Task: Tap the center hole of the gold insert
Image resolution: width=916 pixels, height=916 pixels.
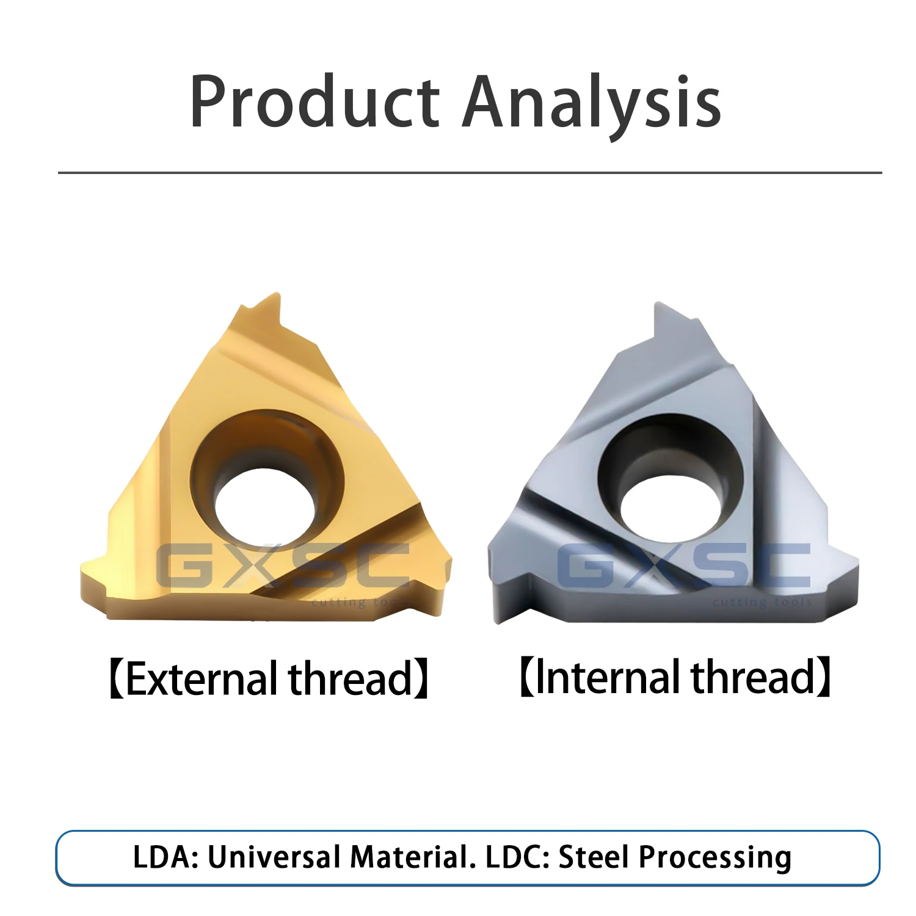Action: click(265, 507)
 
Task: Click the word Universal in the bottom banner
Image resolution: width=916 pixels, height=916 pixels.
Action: click(274, 857)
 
